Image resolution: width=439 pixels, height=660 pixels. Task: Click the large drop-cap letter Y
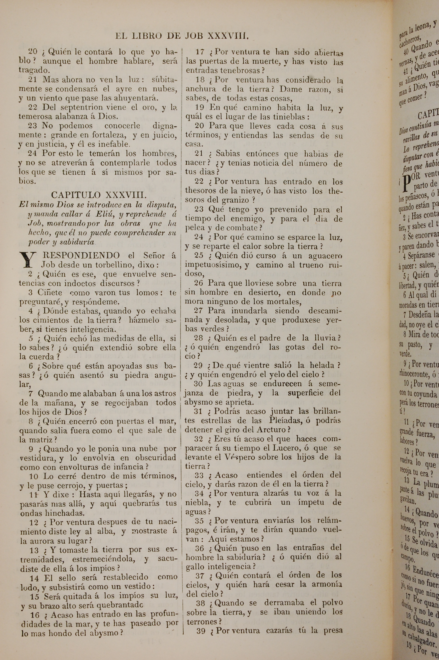pos(28,260)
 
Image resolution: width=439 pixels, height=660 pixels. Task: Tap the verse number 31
pos(198,412)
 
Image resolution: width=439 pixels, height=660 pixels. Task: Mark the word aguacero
pos(325,256)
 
